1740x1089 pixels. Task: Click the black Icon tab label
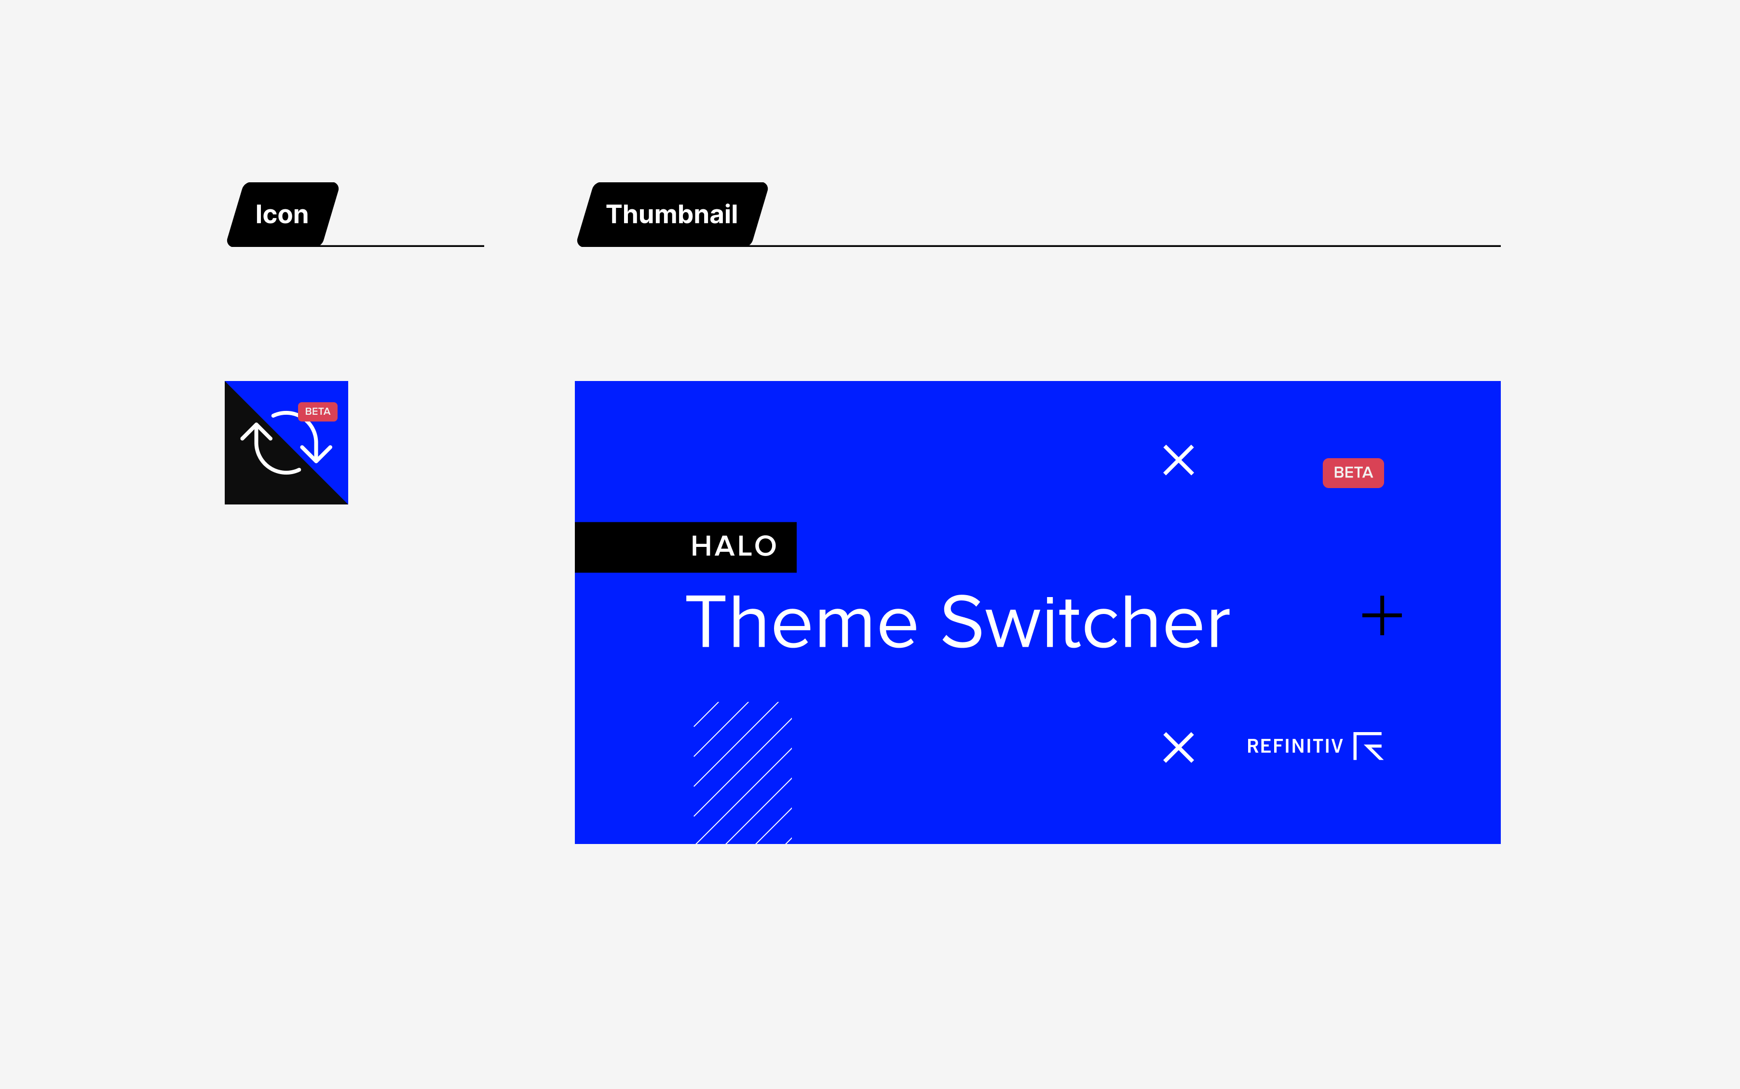tap(282, 215)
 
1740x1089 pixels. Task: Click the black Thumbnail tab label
tap(672, 215)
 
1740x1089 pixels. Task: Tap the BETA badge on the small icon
tap(318, 411)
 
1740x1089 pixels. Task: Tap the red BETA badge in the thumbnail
tap(1353, 473)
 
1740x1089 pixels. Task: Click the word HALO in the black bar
tap(734, 546)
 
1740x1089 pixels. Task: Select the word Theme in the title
tap(802, 622)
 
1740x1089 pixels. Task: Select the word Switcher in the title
tap(1086, 622)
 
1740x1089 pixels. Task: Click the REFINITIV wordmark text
tap(1295, 746)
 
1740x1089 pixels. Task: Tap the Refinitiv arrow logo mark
tap(1368, 746)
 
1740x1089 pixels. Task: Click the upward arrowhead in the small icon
tap(257, 432)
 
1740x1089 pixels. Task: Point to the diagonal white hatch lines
tap(743, 772)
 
